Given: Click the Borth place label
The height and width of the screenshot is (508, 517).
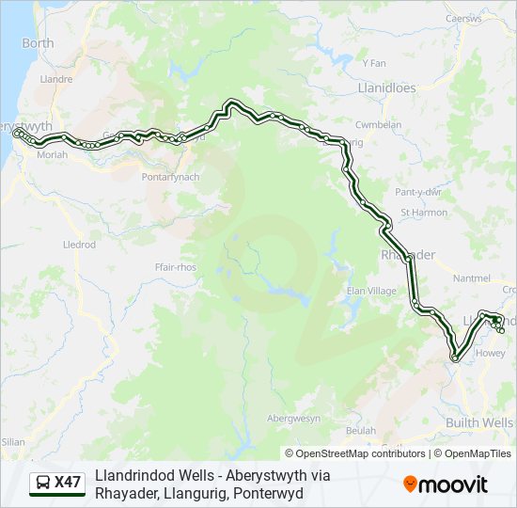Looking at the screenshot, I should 38,43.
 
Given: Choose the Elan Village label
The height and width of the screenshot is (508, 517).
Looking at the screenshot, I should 372,292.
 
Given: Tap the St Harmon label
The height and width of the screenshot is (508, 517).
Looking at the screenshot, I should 424,213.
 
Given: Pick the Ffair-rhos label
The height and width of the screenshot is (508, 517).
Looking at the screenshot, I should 176,267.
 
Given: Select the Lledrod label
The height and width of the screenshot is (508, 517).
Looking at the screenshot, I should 79,245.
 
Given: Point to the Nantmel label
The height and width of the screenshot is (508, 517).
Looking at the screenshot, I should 471,278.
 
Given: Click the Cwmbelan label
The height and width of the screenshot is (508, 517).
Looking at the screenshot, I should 378,125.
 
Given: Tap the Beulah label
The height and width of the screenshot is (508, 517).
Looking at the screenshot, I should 360,430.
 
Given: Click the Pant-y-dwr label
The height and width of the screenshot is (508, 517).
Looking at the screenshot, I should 418,192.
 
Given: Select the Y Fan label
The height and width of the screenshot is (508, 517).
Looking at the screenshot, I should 373,64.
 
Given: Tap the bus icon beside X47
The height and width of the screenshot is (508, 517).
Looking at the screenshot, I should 43,484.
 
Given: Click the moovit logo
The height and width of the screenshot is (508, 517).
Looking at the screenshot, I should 446,484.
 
